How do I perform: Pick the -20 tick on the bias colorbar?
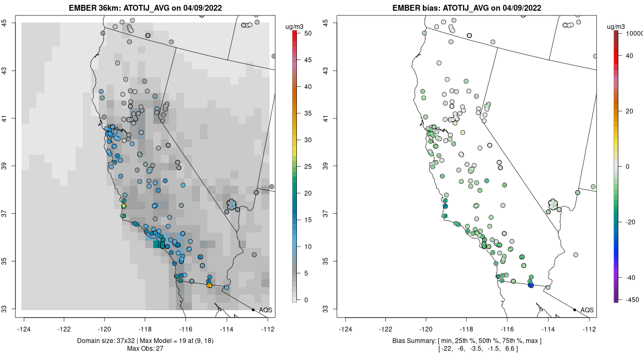[631, 222]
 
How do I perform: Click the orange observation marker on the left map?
[209, 286]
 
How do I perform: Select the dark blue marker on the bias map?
[530, 285]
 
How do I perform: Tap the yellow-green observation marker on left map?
[124, 206]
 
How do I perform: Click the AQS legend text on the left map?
[265, 310]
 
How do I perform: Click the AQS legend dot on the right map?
[574, 310]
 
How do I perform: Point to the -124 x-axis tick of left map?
[24, 329]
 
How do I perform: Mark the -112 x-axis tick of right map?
[589, 329]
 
